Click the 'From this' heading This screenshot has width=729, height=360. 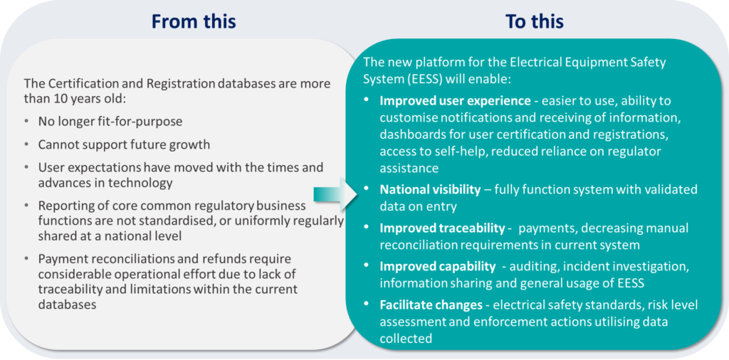[x=194, y=21]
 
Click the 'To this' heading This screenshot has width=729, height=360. [x=535, y=21]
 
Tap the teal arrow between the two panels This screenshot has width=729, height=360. [x=335, y=194]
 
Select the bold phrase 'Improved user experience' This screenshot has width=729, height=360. [x=455, y=100]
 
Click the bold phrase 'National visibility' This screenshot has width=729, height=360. [x=430, y=189]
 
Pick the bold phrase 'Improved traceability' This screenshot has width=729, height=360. [x=442, y=228]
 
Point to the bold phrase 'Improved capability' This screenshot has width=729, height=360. [x=438, y=267]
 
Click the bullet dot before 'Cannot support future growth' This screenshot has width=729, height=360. [x=28, y=145]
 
